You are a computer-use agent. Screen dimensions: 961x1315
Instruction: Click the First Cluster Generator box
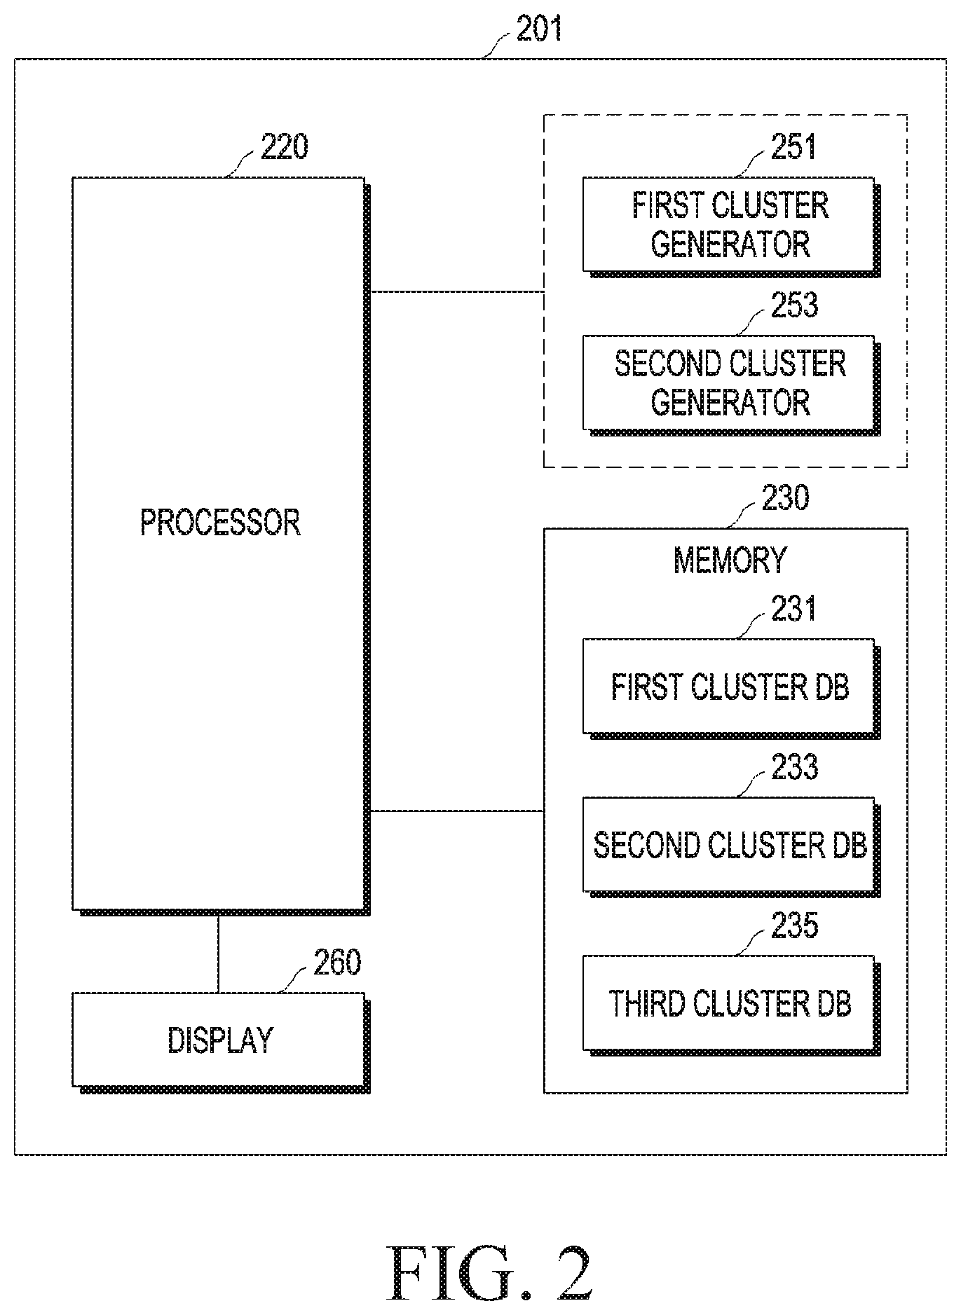731,226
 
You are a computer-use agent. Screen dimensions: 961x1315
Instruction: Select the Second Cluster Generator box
731,385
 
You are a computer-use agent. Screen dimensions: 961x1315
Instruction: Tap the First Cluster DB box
731,688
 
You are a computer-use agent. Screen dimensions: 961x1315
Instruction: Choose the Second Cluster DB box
731,846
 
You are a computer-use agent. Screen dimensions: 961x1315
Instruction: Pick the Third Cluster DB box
731,1005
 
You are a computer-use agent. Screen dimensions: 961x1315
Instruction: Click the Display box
221,1042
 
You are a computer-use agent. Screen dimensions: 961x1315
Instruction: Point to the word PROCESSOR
221,523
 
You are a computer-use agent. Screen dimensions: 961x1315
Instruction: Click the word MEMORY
730,560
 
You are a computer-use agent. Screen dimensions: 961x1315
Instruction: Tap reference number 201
539,29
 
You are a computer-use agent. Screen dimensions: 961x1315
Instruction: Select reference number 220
284,148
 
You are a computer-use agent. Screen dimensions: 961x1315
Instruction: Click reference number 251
794,147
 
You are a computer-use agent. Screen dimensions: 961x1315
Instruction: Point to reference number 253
794,305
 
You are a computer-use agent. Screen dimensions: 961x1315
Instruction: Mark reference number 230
785,498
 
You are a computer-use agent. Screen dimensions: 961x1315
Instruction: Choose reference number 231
794,609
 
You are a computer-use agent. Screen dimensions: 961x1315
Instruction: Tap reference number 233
794,768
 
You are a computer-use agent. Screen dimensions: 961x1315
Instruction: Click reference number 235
794,926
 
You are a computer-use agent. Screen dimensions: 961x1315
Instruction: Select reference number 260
337,963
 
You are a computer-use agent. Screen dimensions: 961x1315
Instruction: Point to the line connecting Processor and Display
218,953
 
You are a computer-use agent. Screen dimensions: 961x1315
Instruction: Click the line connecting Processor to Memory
457,811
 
